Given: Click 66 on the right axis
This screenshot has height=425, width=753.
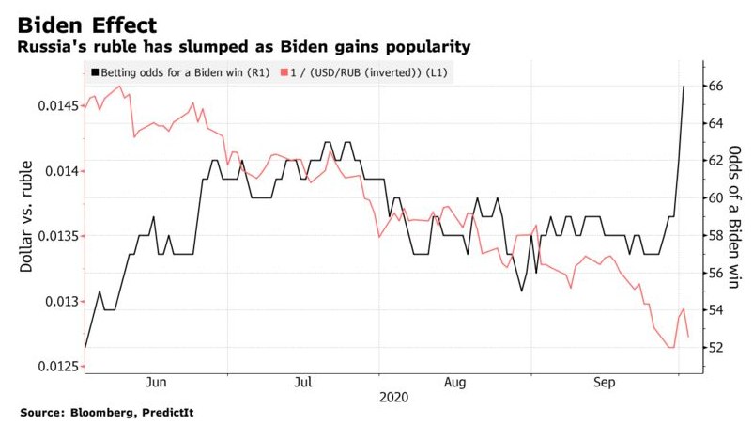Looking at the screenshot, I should [x=715, y=86].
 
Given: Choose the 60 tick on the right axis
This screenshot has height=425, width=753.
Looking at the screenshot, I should [x=715, y=197].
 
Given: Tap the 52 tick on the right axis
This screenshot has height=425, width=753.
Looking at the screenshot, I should [x=715, y=347].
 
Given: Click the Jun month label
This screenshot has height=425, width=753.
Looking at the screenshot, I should [x=157, y=383].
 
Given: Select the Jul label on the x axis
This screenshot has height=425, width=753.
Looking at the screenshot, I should [x=303, y=383].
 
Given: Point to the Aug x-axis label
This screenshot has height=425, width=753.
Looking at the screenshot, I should [x=454, y=383].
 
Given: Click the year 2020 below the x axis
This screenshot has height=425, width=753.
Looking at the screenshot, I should [x=394, y=399].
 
